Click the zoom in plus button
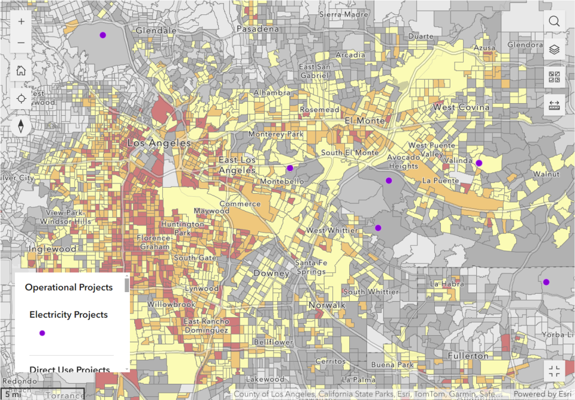(x=21, y=21)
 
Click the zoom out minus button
(x=21, y=43)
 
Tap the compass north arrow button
(x=21, y=127)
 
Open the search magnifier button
(x=554, y=21)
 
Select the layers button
(x=554, y=49)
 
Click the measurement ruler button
(x=554, y=106)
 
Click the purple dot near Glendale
(x=102, y=35)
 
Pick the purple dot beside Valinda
(x=479, y=163)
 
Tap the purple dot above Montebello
(x=290, y=168)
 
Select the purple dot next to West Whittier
(x=378, y=228)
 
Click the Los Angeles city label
(x=159, y=144)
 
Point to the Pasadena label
(x=258, y=29)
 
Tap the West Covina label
(x=461, y=107)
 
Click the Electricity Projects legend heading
(x=68, y=314)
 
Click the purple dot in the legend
(x=42, y=333)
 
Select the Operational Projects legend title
(x=68, y=287)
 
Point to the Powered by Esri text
(x=542, y=394)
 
